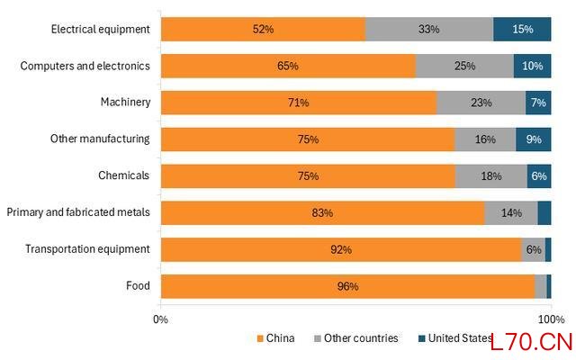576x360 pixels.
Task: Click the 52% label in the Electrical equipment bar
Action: click(263, 29)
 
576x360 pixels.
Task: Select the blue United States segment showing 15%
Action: click(522, 29)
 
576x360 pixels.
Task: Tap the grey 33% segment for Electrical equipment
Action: click(429, 29)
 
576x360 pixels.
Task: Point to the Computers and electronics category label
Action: click(85, 66)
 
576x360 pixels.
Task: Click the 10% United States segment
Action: click(532, 66)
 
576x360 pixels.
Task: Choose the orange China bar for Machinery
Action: click(299, 103)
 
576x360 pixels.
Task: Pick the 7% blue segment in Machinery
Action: click(538, 103)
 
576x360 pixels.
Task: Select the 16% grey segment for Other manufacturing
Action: click(485, 139)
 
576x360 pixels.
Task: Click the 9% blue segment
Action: click(534, 139)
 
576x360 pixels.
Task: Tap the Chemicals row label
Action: click(124, 175)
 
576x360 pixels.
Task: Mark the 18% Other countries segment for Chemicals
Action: click(491, 176)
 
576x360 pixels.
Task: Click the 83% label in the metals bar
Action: click(322, 212)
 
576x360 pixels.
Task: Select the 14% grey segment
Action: click(511, 212)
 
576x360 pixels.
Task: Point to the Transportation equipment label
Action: click(87, 249)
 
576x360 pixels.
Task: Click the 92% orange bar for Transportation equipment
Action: click(341, 249)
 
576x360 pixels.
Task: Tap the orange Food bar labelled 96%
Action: click(348, 286)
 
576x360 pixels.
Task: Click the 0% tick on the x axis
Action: click(160, 319)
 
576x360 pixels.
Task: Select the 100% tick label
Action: click(552, 319)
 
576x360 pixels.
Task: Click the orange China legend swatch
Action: click(260, 338)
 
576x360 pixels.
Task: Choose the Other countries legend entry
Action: click(356, 338)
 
